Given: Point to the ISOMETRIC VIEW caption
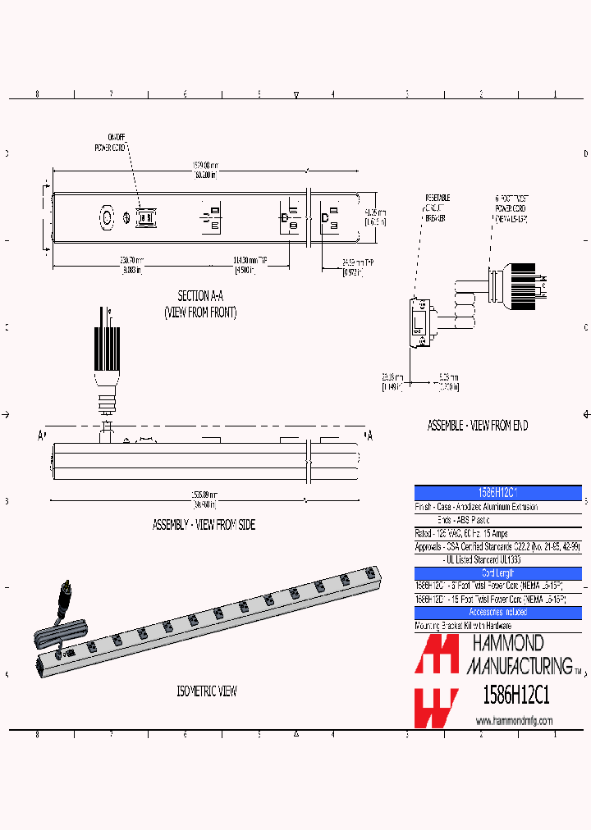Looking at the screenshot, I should coord(207,691).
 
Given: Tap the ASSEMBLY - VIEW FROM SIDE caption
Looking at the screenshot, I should coord(204,525).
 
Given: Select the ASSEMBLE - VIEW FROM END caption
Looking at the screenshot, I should coord(478,426).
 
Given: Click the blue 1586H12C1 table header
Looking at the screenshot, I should coord(497,492).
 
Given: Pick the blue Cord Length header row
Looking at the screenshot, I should coord(497,573).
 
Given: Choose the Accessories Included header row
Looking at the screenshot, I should coord(497,613).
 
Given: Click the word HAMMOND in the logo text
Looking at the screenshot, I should coord(506,642).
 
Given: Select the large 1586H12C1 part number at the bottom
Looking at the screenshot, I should coord(514,695).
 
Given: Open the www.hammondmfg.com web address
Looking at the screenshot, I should coord(514,721).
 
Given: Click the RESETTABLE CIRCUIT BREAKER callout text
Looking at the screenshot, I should coord(437,214).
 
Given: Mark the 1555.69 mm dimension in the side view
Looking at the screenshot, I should coord(205,497).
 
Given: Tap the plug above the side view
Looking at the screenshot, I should coord(108,361).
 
